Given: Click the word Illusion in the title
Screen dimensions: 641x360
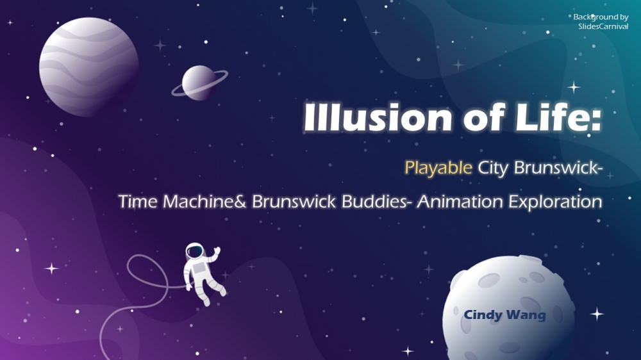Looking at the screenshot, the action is click(378, 117).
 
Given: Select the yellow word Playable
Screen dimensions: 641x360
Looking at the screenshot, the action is click(438, 168).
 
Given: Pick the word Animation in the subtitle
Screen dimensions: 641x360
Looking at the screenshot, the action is click(460, 201).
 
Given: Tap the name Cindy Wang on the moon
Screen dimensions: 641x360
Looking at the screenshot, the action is click(504, 315).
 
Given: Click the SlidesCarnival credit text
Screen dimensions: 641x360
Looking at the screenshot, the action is click(603, 26).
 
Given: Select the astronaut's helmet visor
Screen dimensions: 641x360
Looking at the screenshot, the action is click(195, 251).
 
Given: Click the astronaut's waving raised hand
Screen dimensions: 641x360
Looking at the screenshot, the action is click(217, 250).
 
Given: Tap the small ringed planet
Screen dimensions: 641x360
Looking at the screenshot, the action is click(199, 83).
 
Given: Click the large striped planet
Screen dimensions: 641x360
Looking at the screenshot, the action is click(88, 67).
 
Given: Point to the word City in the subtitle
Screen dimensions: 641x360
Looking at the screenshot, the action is click(493, 168).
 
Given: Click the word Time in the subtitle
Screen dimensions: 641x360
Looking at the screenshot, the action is click(138, 201).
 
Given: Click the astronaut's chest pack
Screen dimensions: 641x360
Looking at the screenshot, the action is click(199, 268).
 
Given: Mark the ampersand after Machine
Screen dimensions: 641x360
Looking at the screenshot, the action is click(240, 201).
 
